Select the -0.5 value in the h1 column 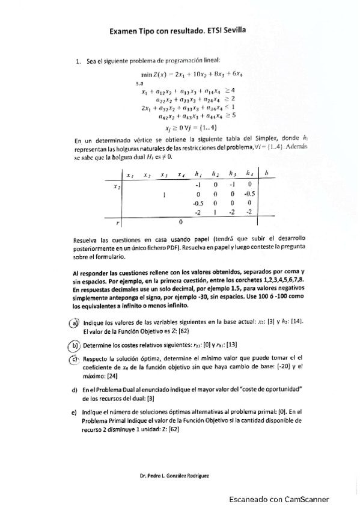[196, 203]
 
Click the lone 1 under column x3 [164, 195]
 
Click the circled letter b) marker [75, 345]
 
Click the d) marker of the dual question [74, 390]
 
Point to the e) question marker [74, 411]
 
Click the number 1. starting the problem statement [78, 61]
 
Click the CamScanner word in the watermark [307, 499]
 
